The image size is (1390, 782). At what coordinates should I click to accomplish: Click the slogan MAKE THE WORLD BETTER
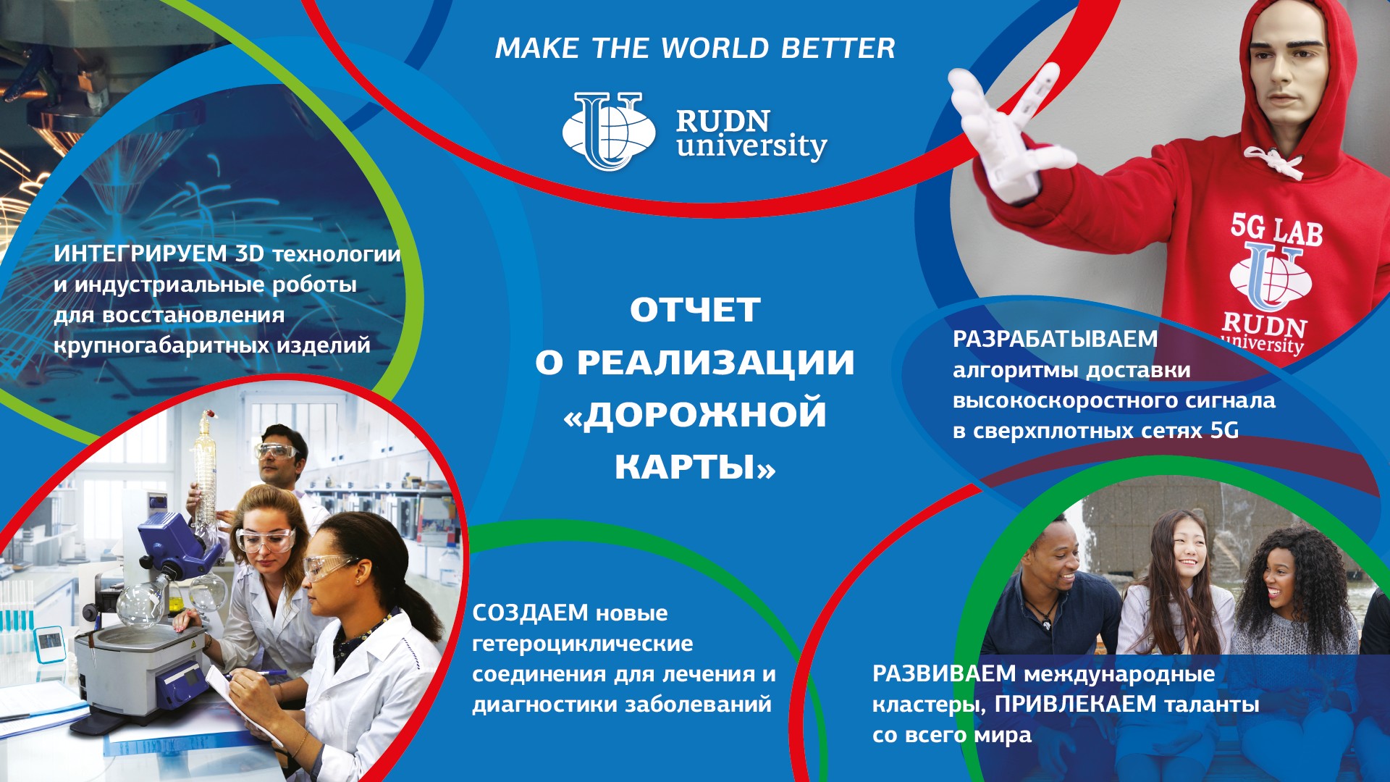coord(695,49)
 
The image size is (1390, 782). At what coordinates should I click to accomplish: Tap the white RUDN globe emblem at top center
coord(609,131)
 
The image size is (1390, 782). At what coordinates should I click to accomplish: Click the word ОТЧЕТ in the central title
coord(695,311)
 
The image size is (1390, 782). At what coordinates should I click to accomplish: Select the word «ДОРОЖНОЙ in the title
coord(695,415)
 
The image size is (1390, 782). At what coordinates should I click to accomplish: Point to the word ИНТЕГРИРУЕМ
coord(140,254)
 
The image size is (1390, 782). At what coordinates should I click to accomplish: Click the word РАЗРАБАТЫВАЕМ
coord(1056,339)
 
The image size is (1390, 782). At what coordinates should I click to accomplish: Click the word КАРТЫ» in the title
coord(695,467)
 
